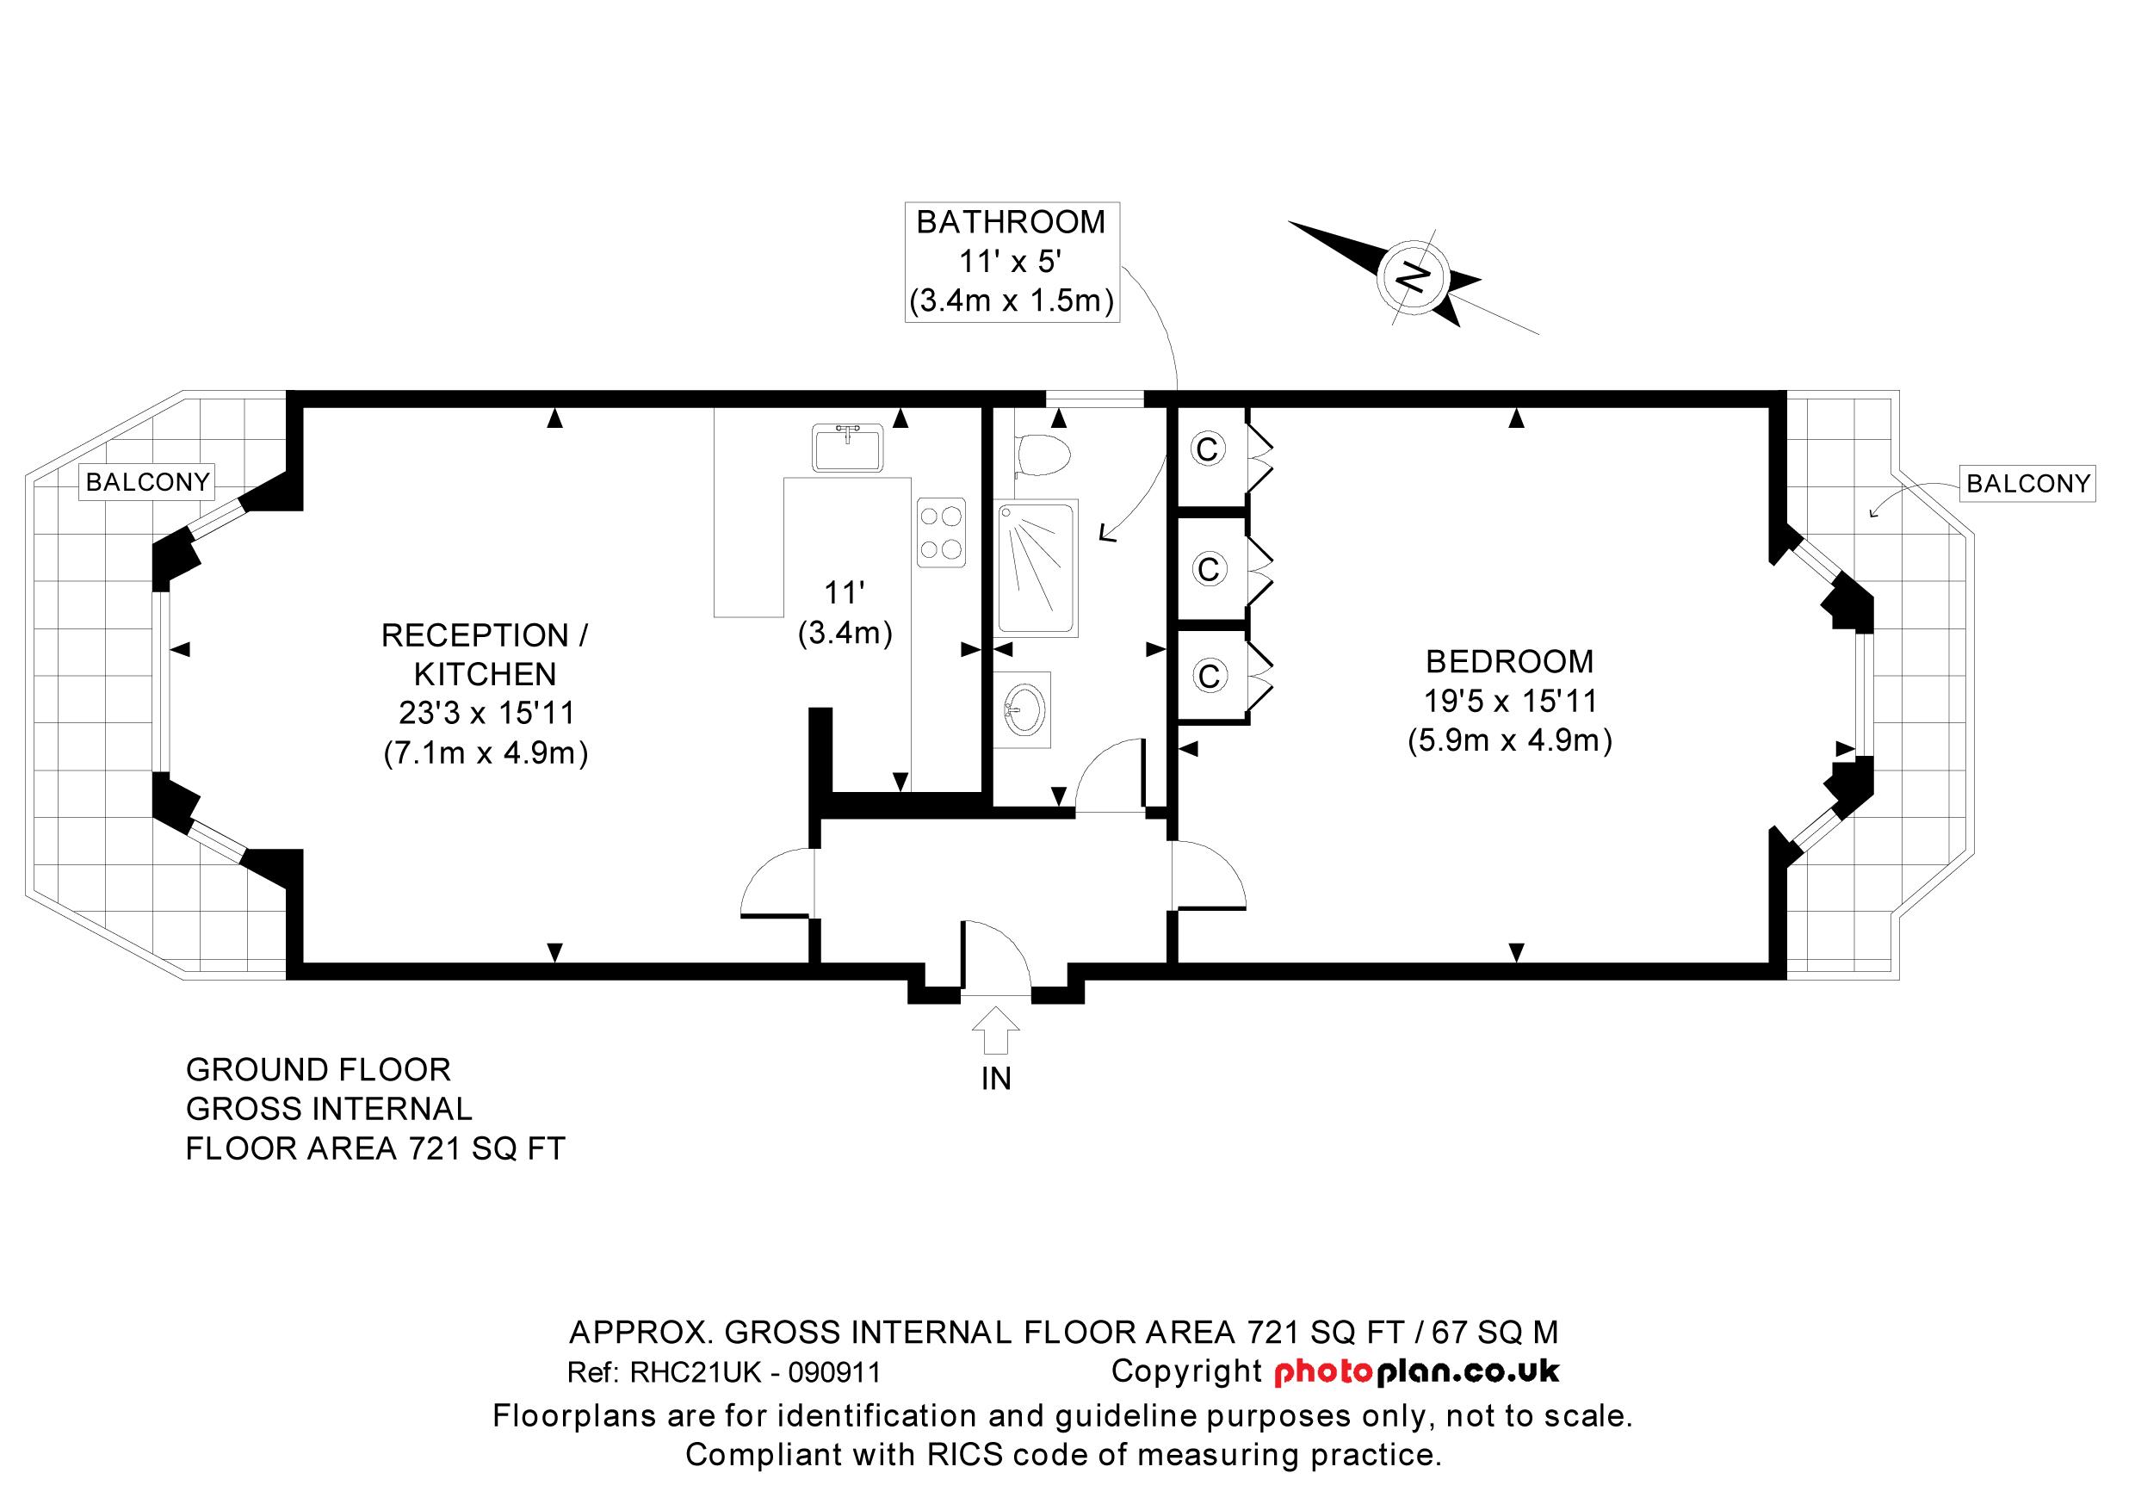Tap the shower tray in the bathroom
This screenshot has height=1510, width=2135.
click(x=1037, y=567)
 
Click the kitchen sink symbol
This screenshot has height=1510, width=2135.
click(x=847, y=448)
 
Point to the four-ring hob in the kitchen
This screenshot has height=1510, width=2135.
click(x=940, y=533)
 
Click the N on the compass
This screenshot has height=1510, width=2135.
click(x=1413, y=276)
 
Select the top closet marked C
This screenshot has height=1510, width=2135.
click(x=1207, y=450)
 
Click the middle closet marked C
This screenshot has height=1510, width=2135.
click(x=1208, y=568)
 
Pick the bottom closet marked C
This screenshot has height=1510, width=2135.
click(x=1208, y=676)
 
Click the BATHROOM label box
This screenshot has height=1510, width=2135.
click(x=1011, y=263)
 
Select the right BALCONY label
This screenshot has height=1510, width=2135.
click(x=2028, y=484)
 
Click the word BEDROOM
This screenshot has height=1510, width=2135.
click(x=1509, y=661)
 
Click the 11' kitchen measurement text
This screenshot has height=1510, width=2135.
click(x=845, y=592)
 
